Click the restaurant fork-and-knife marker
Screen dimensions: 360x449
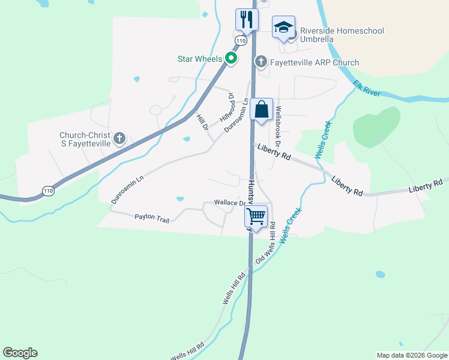[246, 20]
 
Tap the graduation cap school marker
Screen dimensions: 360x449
[283, 27]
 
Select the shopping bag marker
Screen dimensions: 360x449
[261, 110]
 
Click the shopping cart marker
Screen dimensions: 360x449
[256, 216]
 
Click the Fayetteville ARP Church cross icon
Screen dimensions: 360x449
[261, 61]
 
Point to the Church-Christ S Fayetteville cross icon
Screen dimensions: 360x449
[119, 139]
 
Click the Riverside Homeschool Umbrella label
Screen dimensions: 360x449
[342, 35]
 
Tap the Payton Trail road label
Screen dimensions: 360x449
[152, 218]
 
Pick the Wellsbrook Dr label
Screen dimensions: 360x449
[278, 127]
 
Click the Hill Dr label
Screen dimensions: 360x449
[202, 122]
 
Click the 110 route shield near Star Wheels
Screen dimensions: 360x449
[240, 41]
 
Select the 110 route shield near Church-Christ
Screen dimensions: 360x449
[48, 191]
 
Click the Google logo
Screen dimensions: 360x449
[20, 353]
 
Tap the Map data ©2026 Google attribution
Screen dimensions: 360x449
[412, 355]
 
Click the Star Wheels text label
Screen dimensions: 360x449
[200, 59]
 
